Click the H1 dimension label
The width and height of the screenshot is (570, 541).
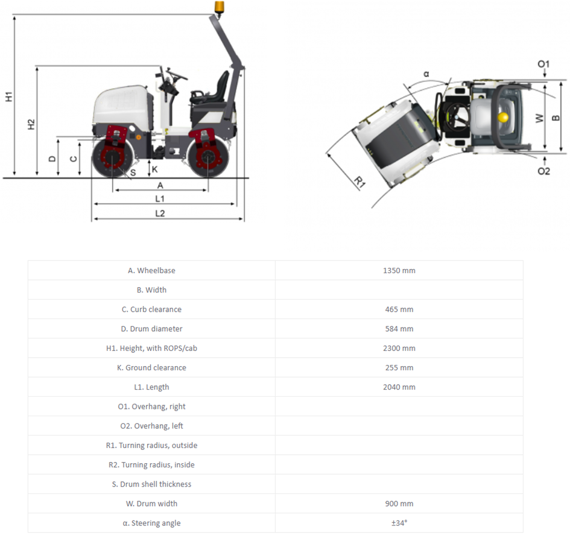8,96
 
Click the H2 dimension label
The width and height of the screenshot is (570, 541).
31,124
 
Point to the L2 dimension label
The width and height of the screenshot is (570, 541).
160,213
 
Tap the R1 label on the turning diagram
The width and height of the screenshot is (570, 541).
359,182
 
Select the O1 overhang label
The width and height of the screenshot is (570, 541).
543,64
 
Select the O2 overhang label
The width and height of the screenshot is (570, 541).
543,171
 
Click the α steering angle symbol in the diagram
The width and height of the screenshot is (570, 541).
426,74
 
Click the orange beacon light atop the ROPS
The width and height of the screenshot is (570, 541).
218,7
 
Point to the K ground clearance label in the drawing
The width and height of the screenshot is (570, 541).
154,169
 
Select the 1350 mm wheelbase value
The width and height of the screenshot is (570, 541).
399,270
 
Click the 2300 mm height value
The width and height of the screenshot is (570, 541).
399,348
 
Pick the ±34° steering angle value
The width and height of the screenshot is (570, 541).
399,523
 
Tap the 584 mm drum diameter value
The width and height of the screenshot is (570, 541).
399,329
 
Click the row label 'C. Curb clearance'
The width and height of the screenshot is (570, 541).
151,309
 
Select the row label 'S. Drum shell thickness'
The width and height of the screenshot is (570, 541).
151,484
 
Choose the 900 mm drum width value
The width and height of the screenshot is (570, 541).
399,504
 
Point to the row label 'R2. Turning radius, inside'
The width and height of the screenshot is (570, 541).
151,465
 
